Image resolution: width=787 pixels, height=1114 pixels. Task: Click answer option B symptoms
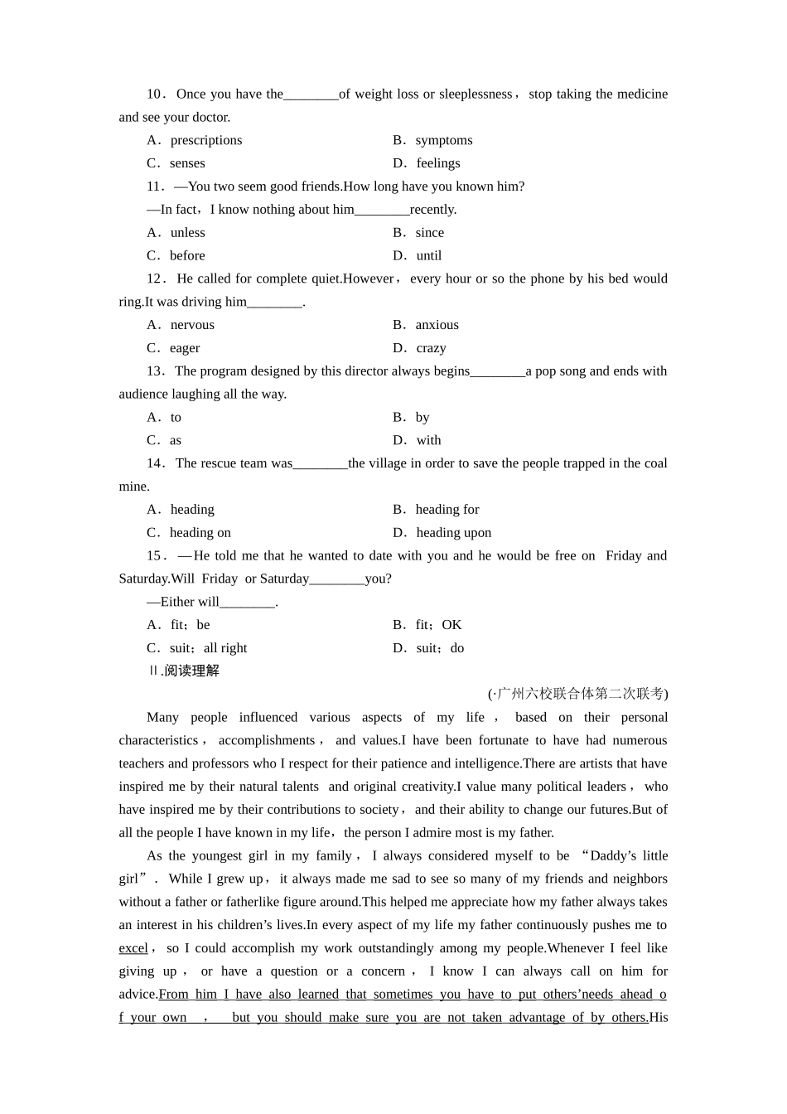432,140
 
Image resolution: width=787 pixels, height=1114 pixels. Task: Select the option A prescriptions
195,140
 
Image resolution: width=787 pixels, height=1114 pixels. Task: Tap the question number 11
155,186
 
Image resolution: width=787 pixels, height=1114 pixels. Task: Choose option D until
418,255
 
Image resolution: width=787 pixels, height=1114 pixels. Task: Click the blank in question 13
498,372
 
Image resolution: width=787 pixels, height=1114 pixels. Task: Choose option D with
418,440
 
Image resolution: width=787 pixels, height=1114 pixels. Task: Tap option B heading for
436,509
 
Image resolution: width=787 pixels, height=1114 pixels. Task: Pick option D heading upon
442,532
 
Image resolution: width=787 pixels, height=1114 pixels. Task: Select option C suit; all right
197,648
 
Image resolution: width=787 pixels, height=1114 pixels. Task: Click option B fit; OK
427,625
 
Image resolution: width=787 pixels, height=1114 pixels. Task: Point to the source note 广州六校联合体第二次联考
580,694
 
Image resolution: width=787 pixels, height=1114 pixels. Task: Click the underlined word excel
133,948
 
